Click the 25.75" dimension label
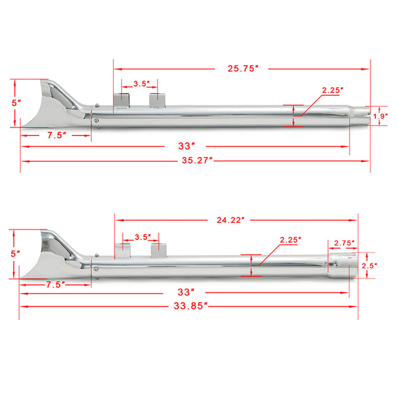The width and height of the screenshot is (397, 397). pyautogui.click(x=241, y=68)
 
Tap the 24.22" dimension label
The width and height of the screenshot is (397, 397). pyautogui.click(x=230, y=219)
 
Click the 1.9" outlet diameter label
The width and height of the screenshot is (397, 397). pyautogui.click(x=382, y=115)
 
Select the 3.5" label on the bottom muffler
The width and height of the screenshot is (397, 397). pyautogui.click(x=143, y=236)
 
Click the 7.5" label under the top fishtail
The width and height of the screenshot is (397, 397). pyautogui.click(x=55, y=135)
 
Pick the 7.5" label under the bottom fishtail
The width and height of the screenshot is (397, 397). pyautogui.click(x=55, y=285)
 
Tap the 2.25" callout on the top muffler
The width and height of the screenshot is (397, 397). pyautogui.click(x=333, y=90)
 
